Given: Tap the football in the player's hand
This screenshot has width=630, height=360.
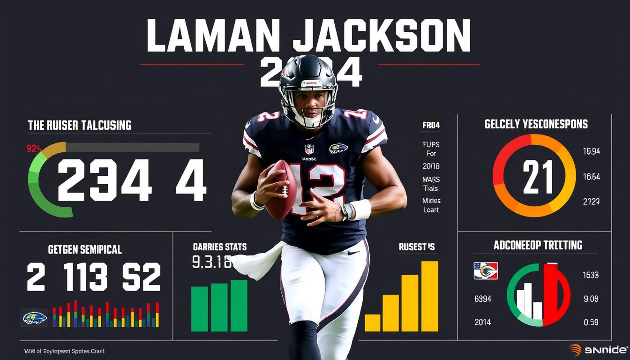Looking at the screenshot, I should [x=281, y=189].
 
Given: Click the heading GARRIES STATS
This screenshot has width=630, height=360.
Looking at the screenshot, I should [x=219, y=247].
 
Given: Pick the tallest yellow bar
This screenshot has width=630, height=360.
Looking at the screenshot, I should [x=429, y=296].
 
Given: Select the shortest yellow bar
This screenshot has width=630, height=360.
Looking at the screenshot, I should [x=373, y=323].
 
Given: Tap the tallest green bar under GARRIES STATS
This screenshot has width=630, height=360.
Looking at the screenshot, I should [x=239, y=306].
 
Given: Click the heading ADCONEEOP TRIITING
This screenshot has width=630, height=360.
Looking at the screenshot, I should [x=538, y=245].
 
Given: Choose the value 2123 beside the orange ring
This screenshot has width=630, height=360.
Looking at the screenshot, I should [x=591, y=202].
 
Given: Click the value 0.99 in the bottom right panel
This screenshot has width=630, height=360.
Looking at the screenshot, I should [x=591, y=322].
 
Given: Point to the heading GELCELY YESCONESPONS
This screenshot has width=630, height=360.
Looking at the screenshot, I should [x=536, y=124].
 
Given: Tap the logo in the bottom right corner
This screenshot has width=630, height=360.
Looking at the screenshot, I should [x=599, y=350].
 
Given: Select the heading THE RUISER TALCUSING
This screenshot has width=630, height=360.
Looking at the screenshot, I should [x=79, y=125].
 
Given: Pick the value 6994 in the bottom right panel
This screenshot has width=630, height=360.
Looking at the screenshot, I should [x=483, y=299].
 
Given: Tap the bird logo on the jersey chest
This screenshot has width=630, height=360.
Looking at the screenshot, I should [x=338, y=149].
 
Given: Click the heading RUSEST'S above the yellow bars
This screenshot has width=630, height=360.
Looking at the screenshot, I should [x=417, y=247].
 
